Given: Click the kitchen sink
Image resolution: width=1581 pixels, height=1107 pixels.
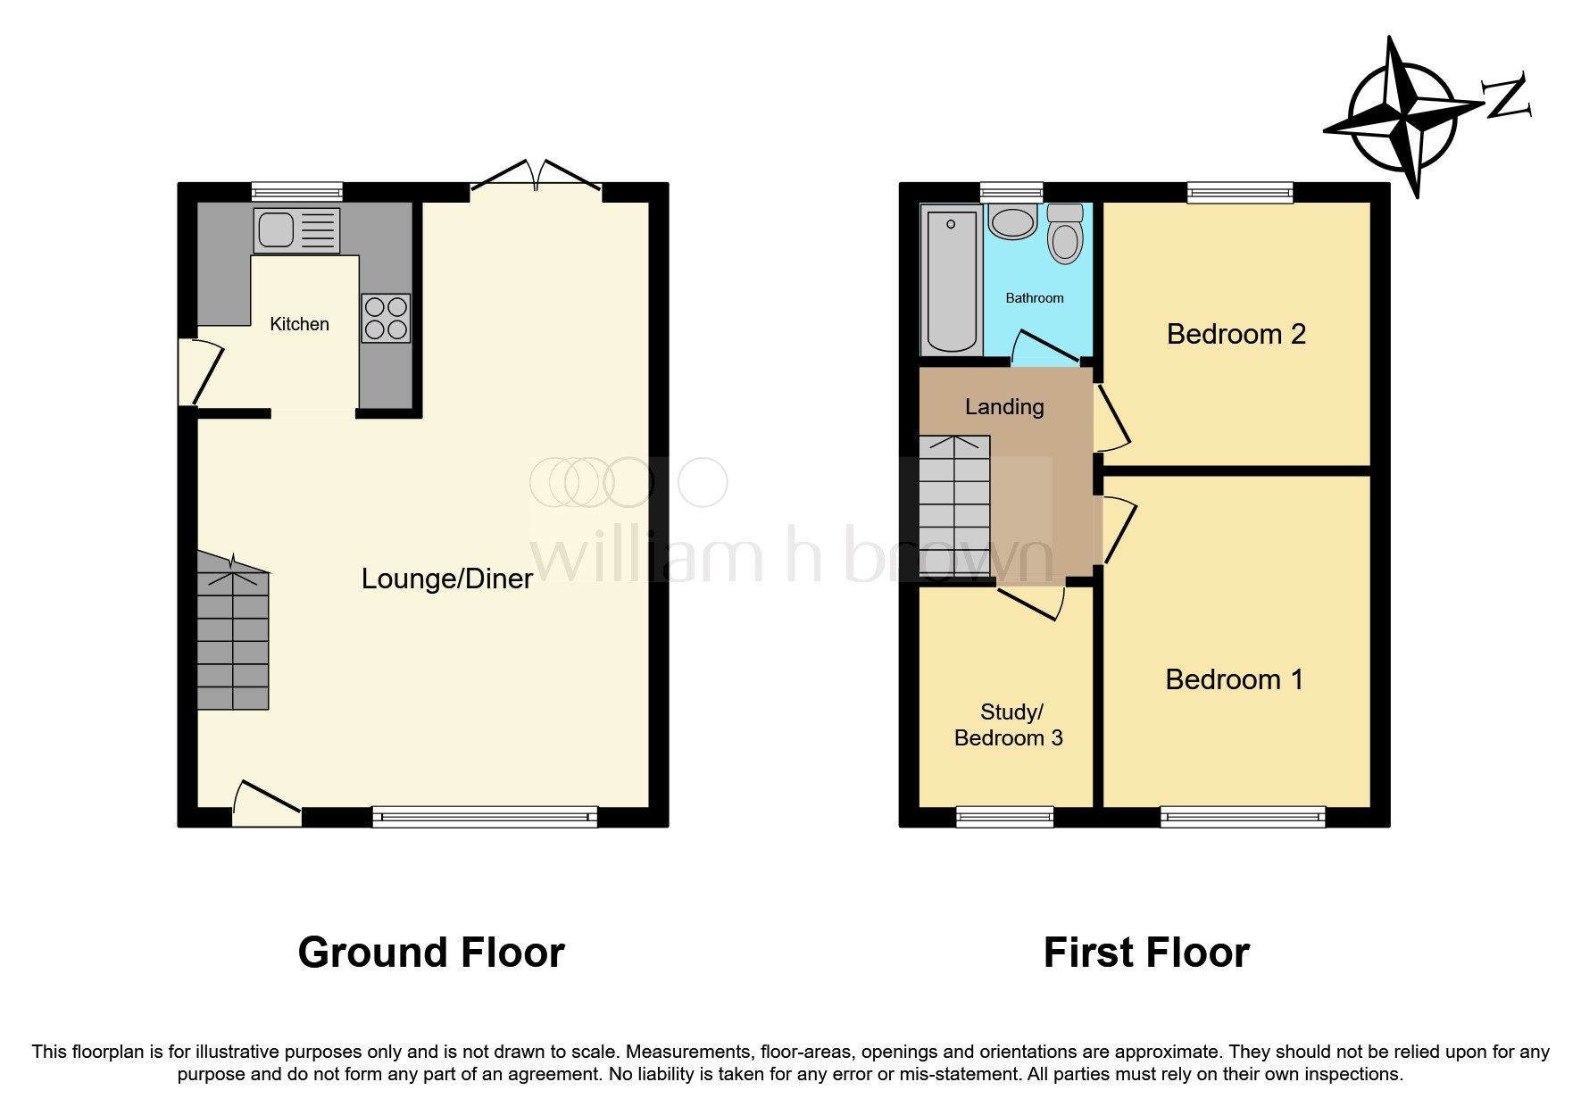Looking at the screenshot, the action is pos(296,230).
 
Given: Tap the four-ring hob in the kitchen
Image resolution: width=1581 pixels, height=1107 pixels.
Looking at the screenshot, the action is pos(386,319).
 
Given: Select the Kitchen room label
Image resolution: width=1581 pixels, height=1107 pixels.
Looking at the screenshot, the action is pos(300,324).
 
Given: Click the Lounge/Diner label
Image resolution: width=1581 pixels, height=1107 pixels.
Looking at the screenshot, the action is pos(447,578).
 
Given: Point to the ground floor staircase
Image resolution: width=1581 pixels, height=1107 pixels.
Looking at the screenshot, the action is pos(233,631).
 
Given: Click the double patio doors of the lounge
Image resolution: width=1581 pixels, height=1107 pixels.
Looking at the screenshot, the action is pos(536,176).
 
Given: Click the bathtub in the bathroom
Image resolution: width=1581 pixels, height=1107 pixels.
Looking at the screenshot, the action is pos(953,279).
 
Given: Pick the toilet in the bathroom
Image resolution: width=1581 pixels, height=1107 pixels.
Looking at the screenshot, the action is pos(1065,233).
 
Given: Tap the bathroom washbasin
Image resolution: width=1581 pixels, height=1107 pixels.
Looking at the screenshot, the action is pos(1012,221).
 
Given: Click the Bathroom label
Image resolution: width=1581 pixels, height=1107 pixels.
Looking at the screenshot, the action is pos(1035,298).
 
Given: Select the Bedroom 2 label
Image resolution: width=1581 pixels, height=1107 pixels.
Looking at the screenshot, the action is pos(1236,334).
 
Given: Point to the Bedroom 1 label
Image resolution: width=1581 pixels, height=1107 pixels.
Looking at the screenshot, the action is pos(1235,679).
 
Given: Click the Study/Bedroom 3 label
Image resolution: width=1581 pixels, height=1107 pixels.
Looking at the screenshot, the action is pos(1009,725).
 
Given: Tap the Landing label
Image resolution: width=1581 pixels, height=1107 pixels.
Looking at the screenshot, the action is pos(1004,407).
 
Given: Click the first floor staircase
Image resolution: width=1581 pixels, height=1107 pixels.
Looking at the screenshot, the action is pos(954,507).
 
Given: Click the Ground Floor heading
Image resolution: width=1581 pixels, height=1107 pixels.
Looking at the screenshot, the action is pos(431,953).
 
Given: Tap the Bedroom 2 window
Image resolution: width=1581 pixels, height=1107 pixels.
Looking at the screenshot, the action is pos(1240,192).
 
